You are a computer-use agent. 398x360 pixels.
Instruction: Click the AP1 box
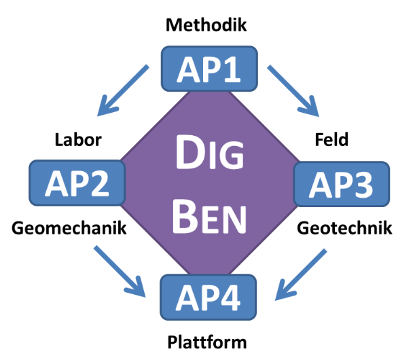coord(209,69)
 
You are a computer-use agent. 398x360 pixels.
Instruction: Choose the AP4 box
coord(209,297)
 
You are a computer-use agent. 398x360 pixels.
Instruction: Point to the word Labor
coord(78,140)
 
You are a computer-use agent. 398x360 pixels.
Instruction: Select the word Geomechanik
coord(69,228)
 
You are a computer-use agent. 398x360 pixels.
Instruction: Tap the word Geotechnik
coord(344,228)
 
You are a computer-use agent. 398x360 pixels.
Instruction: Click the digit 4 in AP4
coord(237,297)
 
